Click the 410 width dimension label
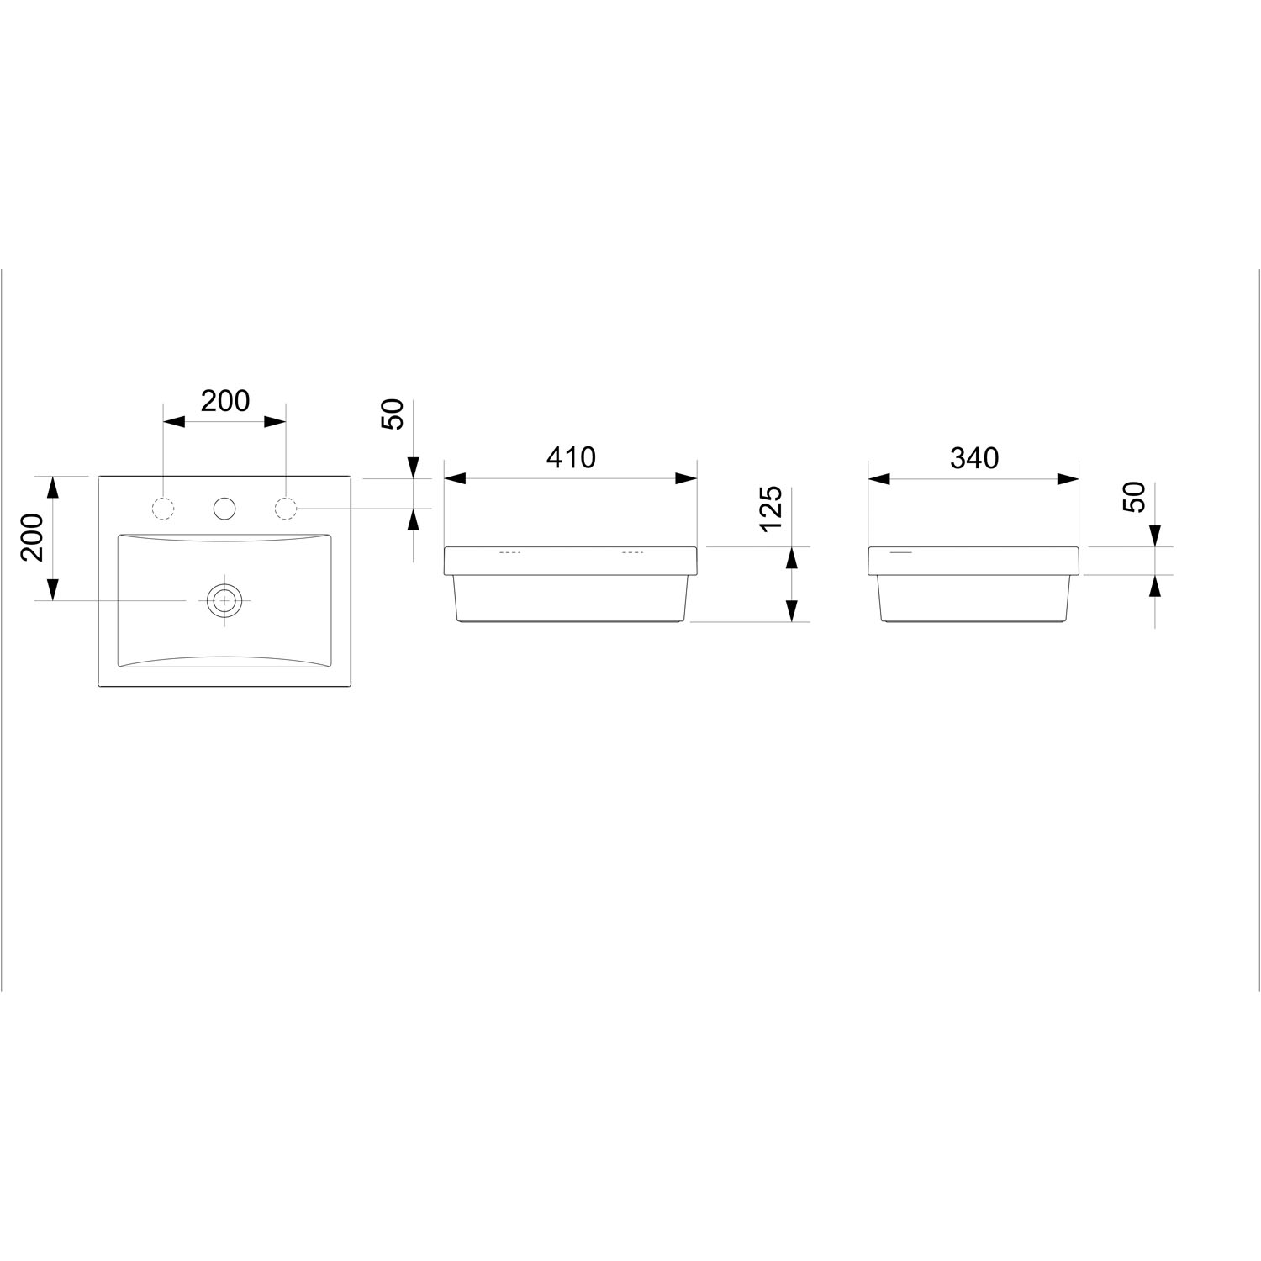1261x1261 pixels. point(571,457)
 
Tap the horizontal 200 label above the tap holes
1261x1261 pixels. point(225,401)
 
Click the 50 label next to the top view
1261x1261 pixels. point(393,414)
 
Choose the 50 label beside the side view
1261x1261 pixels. point(1134,497)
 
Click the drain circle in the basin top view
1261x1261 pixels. point(224,599)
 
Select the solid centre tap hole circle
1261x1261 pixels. point(224,508)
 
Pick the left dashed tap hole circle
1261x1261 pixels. point(163,508)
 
